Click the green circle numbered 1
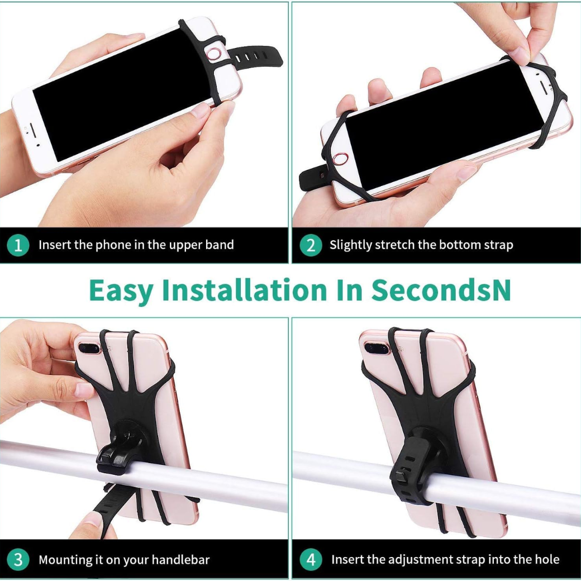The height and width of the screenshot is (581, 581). click(x=18, y=245)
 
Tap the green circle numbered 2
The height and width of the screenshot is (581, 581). click(x=311, y=245)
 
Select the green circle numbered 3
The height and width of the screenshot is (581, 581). click(x=18, y=559)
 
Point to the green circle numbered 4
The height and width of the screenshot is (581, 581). click(x=311, y=559)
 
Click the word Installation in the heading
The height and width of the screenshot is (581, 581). click(x=245, y=290)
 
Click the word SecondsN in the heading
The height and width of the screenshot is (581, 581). click(x=441, y=290)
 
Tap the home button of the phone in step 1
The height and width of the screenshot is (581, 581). click(x=214, y=54)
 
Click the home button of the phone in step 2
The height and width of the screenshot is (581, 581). click(x=340, y=159)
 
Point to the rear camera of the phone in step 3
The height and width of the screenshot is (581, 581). click(x=89, y=348)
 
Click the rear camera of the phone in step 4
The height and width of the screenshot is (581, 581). click(x=377, y=348)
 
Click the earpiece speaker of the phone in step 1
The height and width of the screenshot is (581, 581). click(x=32, y=130)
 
